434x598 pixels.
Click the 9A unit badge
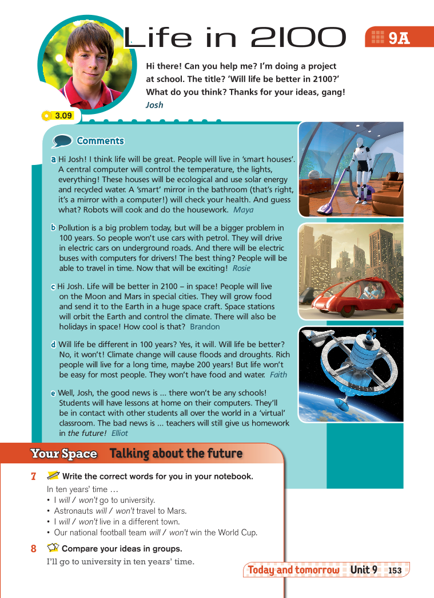point(395,38)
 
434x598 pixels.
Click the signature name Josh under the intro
point(154,105)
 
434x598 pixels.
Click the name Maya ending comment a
point(244,210)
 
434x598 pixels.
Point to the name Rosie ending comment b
point(241,268)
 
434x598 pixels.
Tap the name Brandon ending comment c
point(205,326)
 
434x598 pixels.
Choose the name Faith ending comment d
point(278,375)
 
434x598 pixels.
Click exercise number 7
point(34,477)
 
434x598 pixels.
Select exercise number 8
point(34,549)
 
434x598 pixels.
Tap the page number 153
point(395,571)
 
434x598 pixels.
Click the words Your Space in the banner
point(64,454)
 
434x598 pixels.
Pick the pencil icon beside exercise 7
point(53,476)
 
